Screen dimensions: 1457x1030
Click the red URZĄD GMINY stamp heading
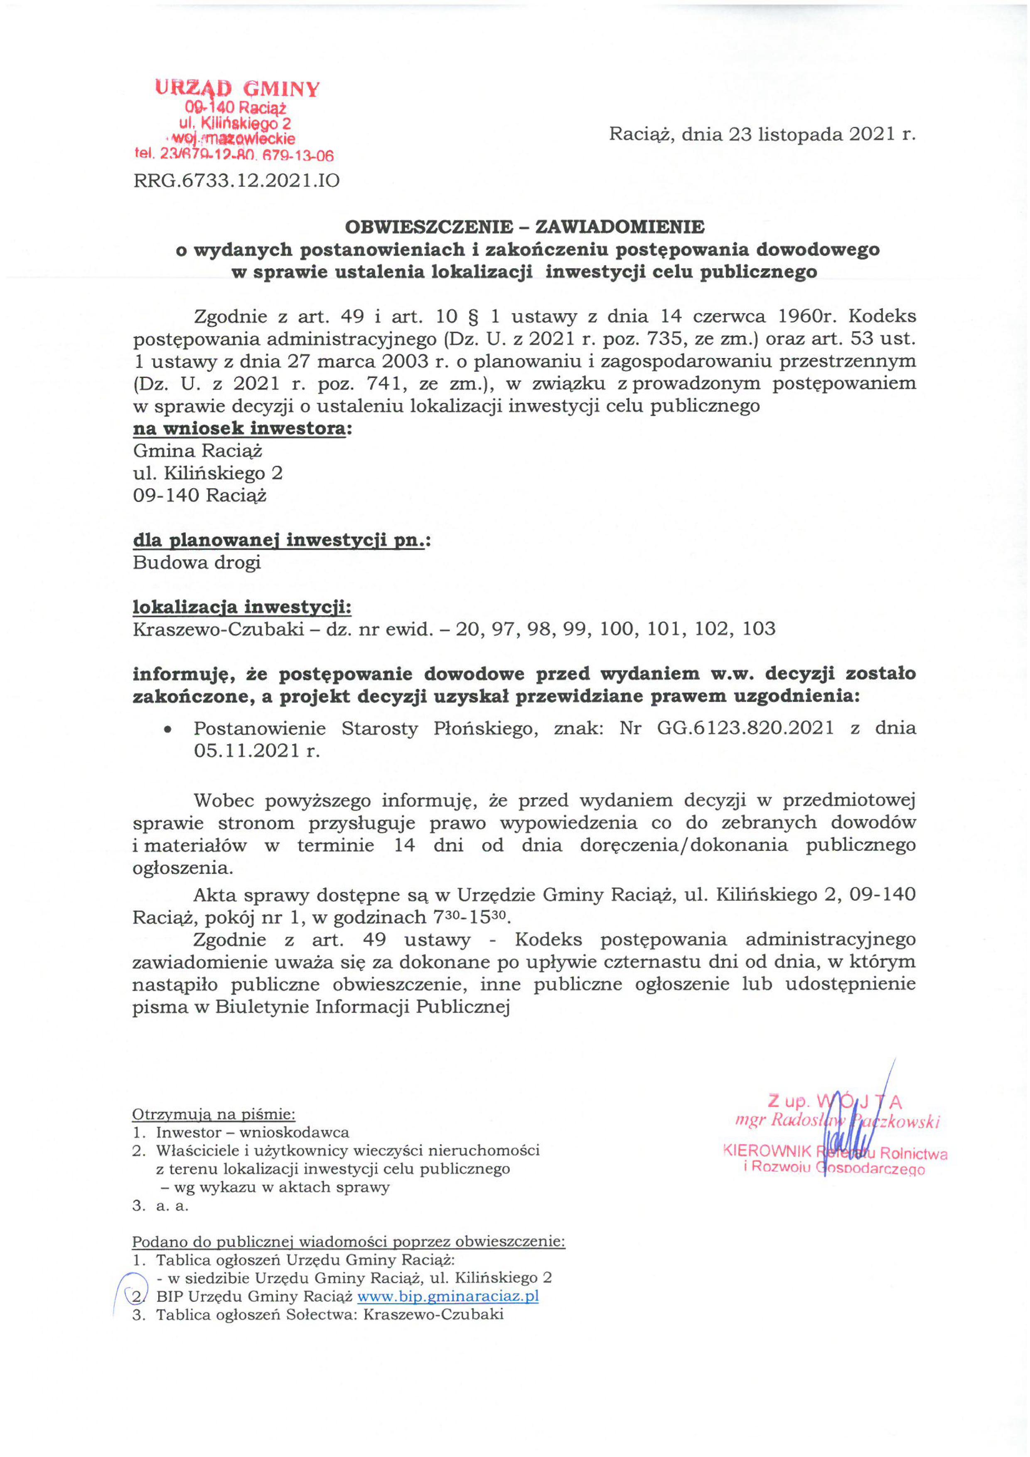coord(237,88)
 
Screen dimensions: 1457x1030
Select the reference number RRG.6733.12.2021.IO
coord(236,181)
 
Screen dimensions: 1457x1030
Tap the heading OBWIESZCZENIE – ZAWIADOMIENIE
coord(524,227)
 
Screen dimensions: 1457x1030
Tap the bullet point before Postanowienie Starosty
coord(167,730)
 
